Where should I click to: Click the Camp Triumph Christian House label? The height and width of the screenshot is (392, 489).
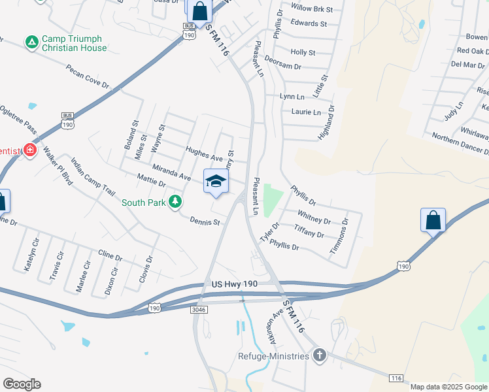(73, 43)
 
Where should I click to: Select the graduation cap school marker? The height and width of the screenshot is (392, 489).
(216, 182)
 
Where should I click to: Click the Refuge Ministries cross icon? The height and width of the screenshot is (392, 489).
(319, 355)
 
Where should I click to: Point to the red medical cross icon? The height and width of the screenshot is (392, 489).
(29, 151)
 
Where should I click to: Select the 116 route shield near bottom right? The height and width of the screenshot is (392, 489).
(395, 378)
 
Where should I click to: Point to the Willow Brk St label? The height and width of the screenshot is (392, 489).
(312, 9)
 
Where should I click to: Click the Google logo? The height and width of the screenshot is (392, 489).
(22, 384)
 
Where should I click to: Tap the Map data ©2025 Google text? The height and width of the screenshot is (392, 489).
(448, 387)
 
